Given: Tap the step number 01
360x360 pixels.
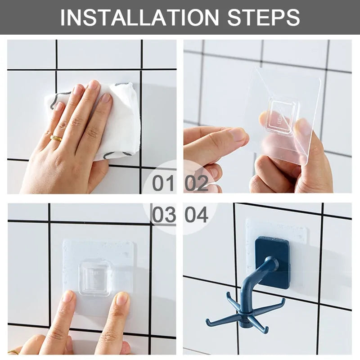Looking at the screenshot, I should [163, 183].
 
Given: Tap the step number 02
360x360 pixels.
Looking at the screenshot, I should [196, 183].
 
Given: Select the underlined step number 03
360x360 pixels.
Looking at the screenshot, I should [163, 215].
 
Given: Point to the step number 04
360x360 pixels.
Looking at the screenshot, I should [196, 215].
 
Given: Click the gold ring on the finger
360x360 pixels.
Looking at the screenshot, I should [56, 138].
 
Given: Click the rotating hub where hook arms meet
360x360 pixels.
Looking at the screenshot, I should [245, 310].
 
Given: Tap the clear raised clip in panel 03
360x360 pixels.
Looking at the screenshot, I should [94, 279].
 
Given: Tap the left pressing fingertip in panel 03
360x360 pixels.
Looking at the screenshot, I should [67, 297].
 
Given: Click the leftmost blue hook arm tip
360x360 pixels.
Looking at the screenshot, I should [208, 321].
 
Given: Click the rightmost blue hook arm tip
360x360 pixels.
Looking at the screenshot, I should [283, 301].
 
